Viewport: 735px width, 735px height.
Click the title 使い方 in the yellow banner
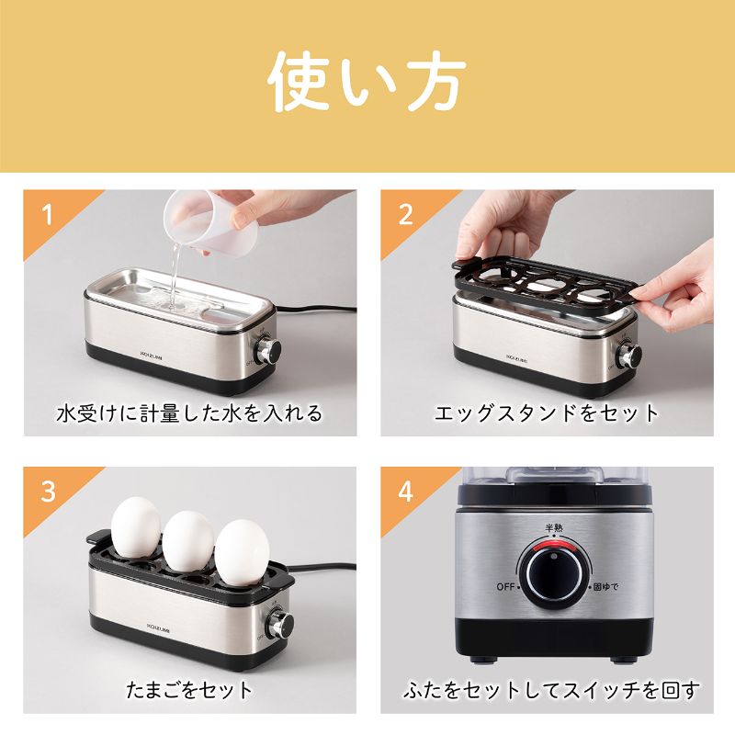tap(367, 82)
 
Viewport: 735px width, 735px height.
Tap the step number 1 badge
tap(47, 215)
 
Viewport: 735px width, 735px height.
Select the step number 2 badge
tap(405, 215)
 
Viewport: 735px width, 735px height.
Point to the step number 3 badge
tap(48, 492)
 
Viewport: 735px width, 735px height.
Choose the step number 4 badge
tap(405, 492)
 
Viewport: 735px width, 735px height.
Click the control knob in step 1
tap(268, 349)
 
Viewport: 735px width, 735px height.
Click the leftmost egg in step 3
tap(136, 527)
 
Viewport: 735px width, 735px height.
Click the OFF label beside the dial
tap(505, 587)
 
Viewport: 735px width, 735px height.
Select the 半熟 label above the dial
tap(554, 527)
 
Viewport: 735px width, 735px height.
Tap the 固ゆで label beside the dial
tap(606, 586)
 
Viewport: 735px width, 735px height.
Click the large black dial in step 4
tap(554, 572)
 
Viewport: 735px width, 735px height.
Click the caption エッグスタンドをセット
tap(547, 413)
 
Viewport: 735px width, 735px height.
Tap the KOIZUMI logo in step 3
tap(158, 627)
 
